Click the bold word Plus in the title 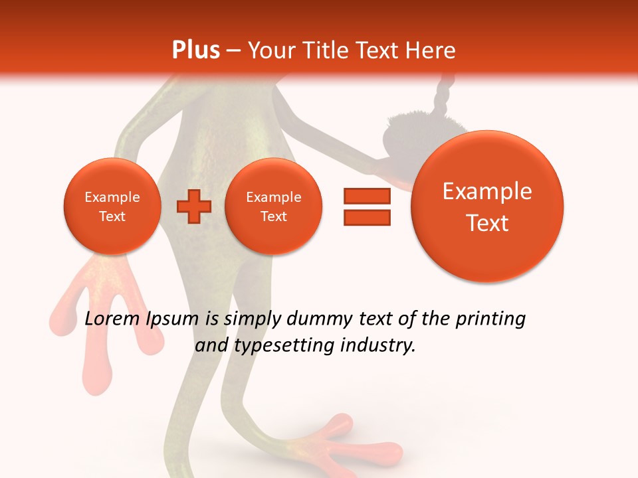point(195,50)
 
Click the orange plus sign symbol point(194,206)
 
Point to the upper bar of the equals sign point(367,196)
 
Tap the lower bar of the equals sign point(367,217)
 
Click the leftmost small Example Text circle point(112,206)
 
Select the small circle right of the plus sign point(274,206)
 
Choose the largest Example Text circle point(487,206)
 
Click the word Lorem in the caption point(112,319)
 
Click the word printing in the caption point(490,319)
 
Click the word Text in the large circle point(487,223)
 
